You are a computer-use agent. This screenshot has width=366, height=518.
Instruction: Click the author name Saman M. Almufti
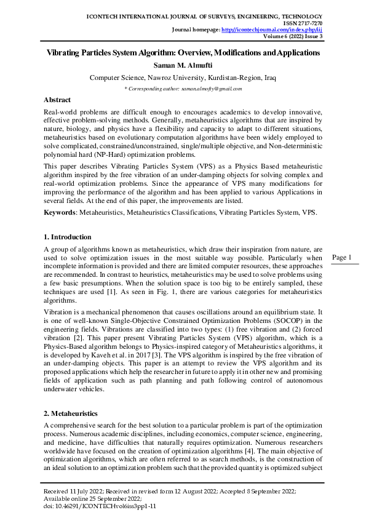(183, 65)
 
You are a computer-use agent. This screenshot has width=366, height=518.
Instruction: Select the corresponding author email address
(211, 89)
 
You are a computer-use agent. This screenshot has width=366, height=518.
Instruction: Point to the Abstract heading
(57, 100)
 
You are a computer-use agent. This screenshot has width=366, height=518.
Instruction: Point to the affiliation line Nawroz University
(183, 78)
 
